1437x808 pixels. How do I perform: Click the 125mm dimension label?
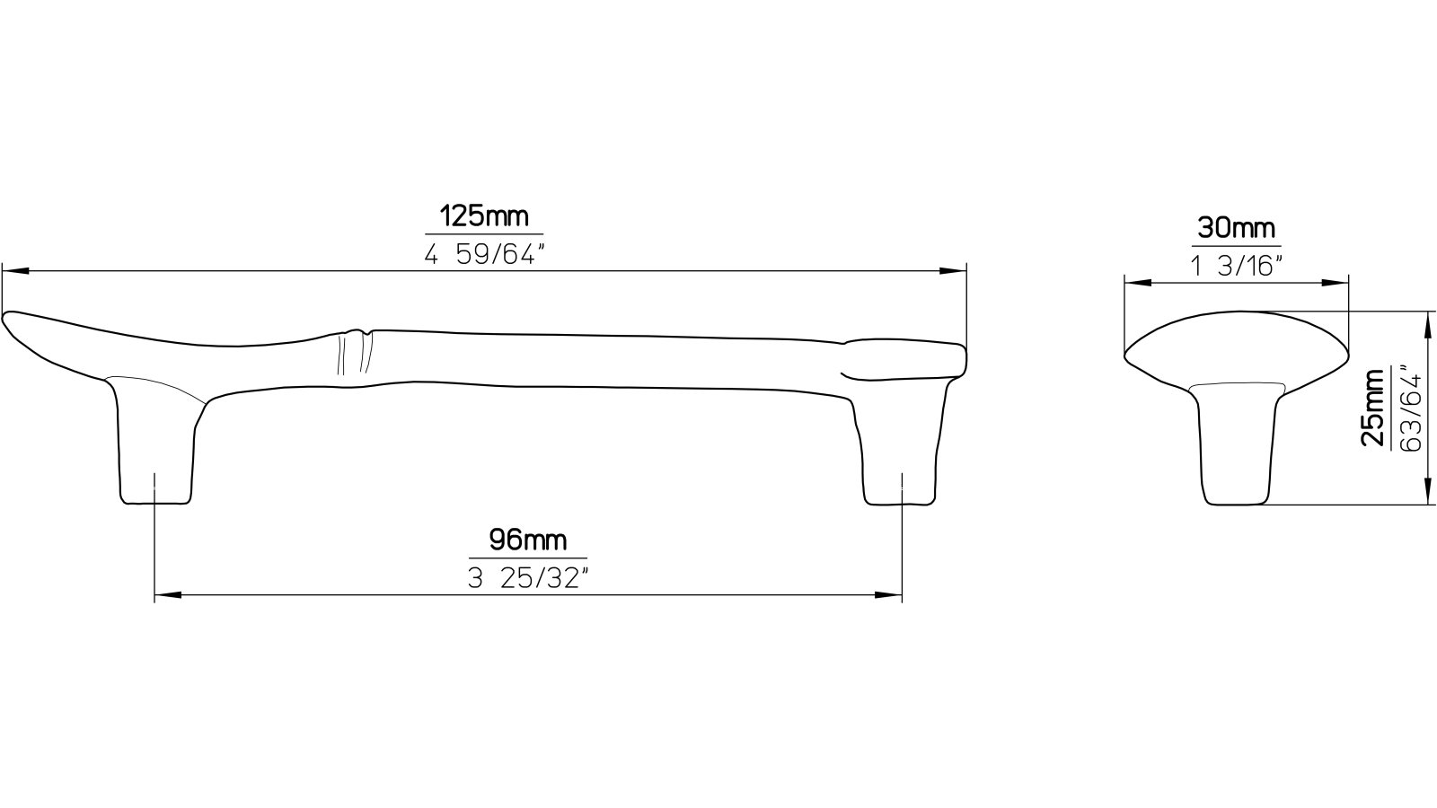(x=483, y=216)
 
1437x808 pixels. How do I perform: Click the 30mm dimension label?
(x=1236, y=228)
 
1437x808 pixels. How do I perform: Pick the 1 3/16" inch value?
(x=1237, y=266)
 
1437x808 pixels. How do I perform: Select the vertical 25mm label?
(x=1371, y=408)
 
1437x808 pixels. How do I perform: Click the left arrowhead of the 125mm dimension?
(x=14, y=269)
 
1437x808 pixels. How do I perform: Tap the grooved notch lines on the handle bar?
(x=353, y=353)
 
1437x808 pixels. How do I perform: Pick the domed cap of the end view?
(x=1237, y=346)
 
